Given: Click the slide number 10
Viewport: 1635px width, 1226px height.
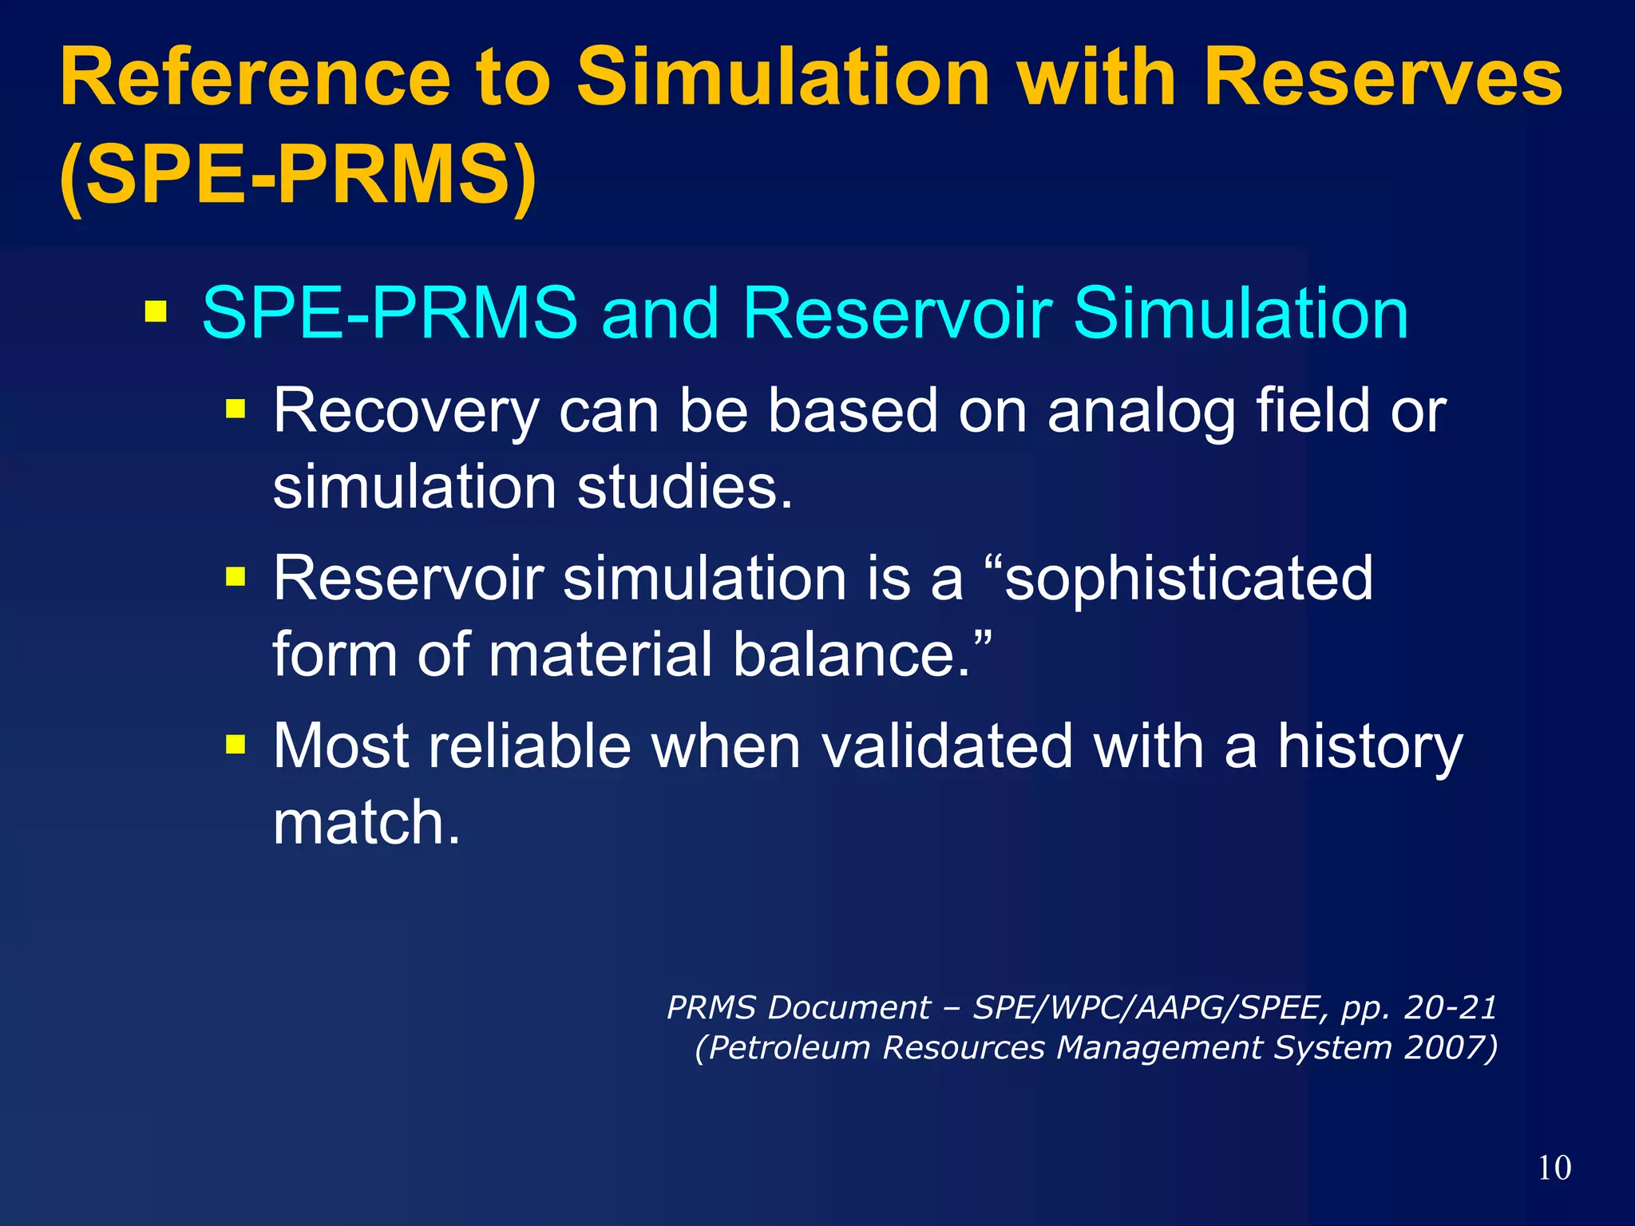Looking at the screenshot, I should (x=1554, y=1168).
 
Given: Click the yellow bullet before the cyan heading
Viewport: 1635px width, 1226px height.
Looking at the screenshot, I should (x=156, y=311).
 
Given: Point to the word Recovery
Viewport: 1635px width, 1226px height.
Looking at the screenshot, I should (x=406, y=411).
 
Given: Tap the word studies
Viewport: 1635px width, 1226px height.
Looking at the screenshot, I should (x=684, y=487).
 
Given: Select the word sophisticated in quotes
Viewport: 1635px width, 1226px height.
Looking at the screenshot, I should (x=1189, y=578).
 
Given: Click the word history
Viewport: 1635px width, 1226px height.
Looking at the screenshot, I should (x=1369, y=747).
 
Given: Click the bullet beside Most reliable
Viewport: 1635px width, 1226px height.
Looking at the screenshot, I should (x=236, y=745).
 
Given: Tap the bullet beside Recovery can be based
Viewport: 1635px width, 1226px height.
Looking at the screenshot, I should (x=236, y=410).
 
